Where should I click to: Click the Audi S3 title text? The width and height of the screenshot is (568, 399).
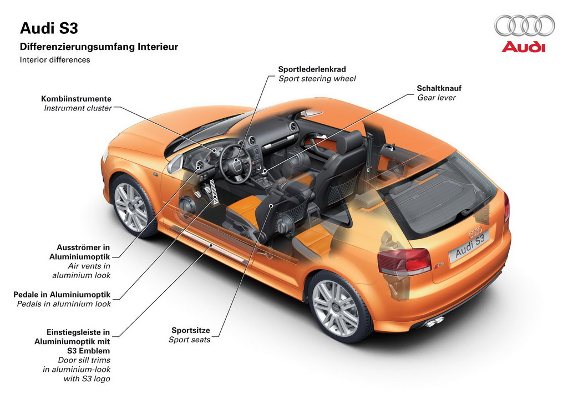tap(49, 28)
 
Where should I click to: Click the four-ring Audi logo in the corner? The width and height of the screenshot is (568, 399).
tap(524, 26)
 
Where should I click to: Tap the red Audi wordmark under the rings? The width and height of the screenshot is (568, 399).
tap(523, 47)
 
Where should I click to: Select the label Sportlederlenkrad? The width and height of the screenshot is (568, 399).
tap(312, 69)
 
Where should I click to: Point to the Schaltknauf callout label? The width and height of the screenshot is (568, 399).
tap(439, 88)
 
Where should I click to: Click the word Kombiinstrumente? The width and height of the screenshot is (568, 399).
tap(76, 99)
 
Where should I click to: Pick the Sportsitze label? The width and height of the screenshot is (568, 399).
tap(191, 330)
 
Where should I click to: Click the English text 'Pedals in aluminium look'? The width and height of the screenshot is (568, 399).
tap(64, 304)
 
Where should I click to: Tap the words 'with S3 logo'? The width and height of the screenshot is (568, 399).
tap(87, 378)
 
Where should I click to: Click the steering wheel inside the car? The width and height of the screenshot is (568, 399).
tap(236, 164)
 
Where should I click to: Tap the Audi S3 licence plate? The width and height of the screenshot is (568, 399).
tap(469, 246)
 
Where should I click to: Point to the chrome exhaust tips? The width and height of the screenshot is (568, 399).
tap(434, 321)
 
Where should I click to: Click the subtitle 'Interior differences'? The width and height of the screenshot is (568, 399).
tap(55, 60)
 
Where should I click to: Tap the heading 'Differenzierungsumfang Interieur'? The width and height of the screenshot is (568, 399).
tap(99, 47)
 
